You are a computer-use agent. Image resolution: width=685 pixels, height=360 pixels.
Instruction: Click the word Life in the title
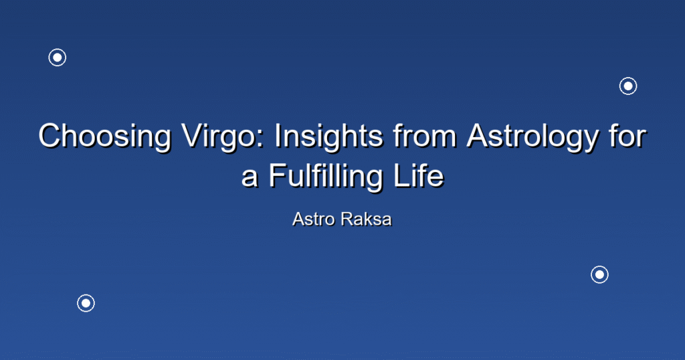pyautogui.click(x=419, y=175)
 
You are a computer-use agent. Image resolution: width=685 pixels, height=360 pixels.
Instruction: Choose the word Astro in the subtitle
pyautogui.click(x=313, y=219)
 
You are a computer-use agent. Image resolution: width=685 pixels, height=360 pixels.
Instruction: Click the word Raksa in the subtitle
pyautogui.click(x=367, y=219)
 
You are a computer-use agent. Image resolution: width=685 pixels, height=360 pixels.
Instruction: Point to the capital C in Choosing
pyautogui.click(x=51, y=136)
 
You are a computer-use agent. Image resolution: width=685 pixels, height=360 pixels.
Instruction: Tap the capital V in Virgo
pyautogui.click(x=193, y=136)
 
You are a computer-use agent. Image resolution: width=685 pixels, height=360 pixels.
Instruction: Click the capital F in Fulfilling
pyautogui.click(x=277, y=176)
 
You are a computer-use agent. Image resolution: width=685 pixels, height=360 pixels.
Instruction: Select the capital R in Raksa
pyautogui.click(x=348, y=219)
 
